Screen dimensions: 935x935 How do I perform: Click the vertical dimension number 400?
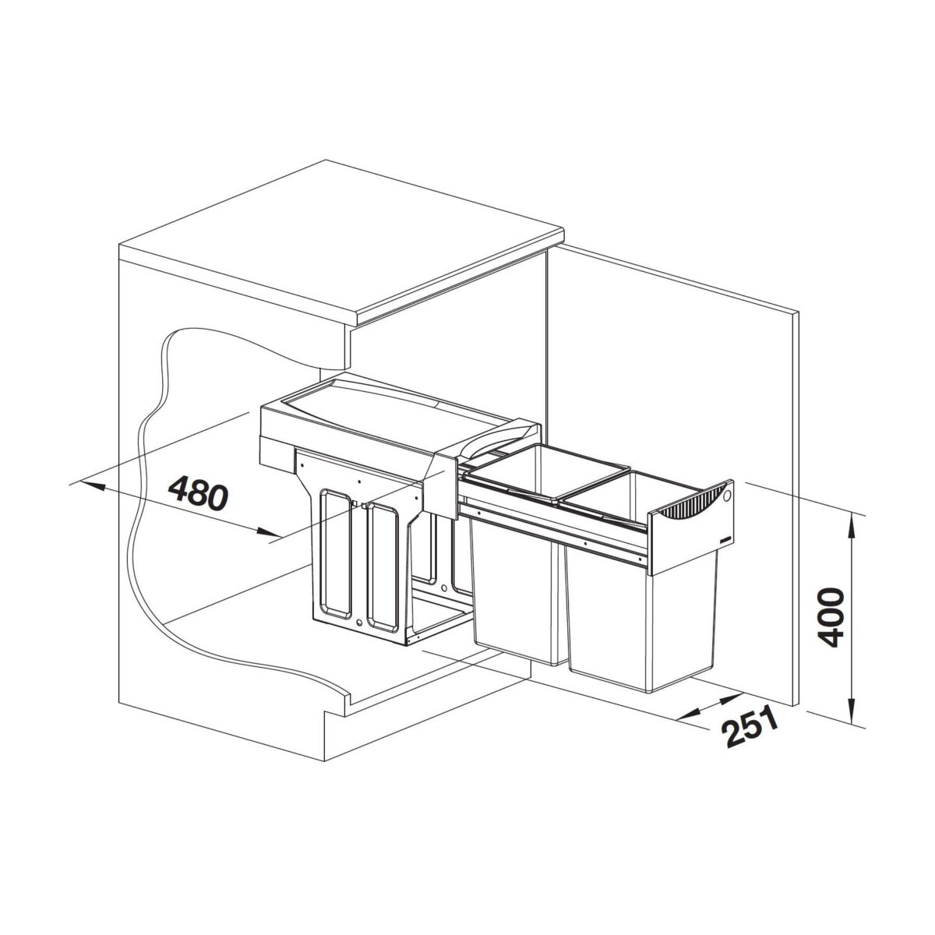pos(831,618)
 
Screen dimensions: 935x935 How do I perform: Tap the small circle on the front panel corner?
pos(726,495)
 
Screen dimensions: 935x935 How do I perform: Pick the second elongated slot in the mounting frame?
pos(383,565)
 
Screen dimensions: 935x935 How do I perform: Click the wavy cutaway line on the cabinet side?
pos(140,467)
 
